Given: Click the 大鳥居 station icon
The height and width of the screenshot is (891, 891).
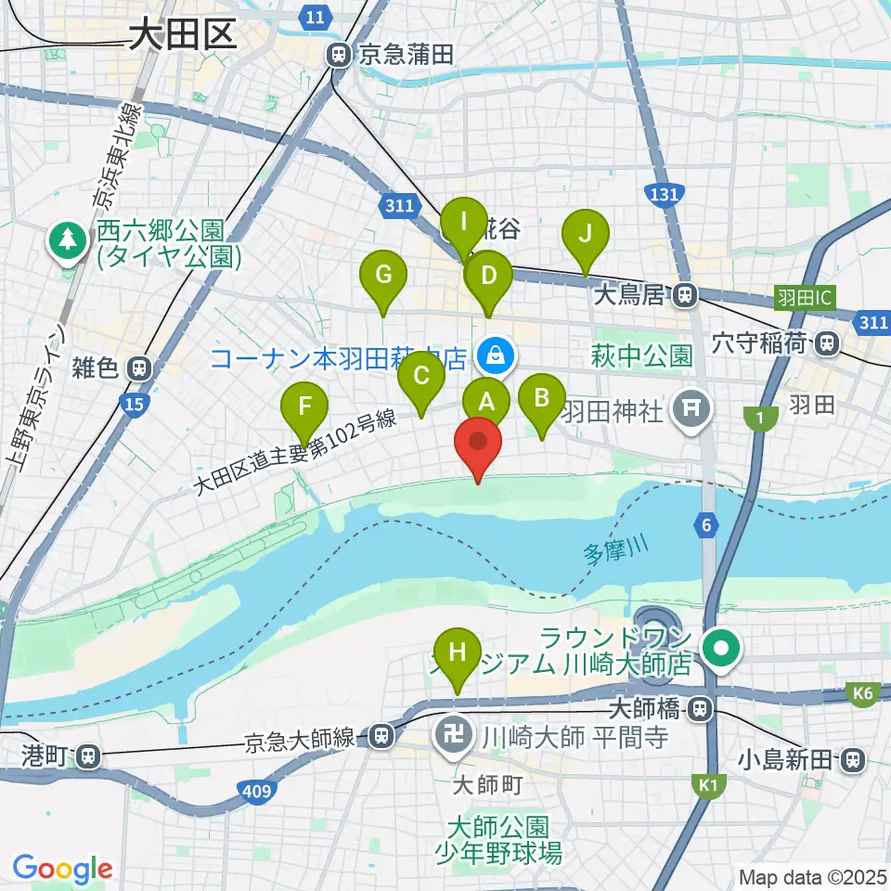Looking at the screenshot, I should pyautogui.click(x=685, y=295).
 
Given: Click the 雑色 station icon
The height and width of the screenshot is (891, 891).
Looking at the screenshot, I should pyautogui.click(x=138, y=368).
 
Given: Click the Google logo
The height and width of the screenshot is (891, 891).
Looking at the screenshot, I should pyautogui.click(x=62, y=870).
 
